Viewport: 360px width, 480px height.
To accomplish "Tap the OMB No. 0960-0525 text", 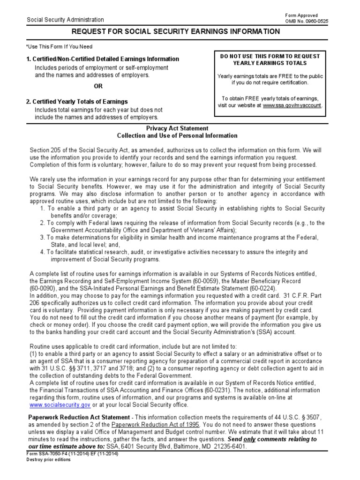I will pyautogui.click(x=304, y=21).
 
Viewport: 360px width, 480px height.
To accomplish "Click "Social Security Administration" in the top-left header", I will pyautogui.click(x=65, y=20).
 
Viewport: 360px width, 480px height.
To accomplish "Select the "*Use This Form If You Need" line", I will pyautogui.click(x=59, y=47).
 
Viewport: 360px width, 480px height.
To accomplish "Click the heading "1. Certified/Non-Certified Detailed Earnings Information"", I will pyautogui.click(x=102, y=59).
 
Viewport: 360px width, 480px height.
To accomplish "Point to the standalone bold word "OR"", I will pyautogui.click(x=98, y=86).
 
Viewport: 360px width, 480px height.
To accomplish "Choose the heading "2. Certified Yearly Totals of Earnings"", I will pyautogui.click(x=76, y=102).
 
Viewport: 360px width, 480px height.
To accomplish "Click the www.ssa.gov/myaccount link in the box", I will pyautogui.click(x=292, y=106).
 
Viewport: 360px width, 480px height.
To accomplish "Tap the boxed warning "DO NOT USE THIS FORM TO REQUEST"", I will pyautogui.click(x=270, y=56).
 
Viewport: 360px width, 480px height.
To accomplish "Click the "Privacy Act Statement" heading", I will pyautogui.click(x=177, y=128).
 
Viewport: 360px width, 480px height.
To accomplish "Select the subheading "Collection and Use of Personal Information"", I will pyautogui.click(x=177, y=136).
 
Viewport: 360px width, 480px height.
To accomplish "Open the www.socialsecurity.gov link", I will pyautogui.click(x=60, y=405).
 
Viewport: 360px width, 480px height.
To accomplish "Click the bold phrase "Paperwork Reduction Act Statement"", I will pyautogui.click(x=79, y=417).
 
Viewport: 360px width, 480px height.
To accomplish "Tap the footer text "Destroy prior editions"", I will pyautogui.click(x=48, y=460).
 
